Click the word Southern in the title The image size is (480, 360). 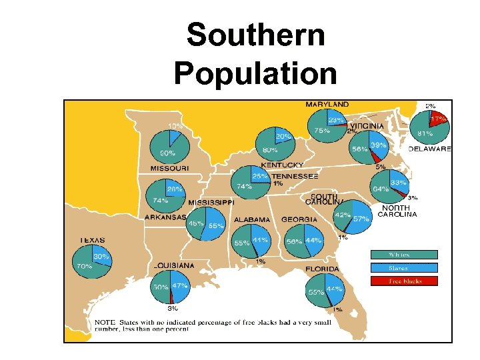[255, 35]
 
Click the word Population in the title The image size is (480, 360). [255, 73]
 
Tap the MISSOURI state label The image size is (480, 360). [169, 169]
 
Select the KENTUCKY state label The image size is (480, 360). [282, 165]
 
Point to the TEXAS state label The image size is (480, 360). [93, 240]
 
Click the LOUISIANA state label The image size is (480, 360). [174, 265]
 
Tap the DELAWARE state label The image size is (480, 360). [430, 149]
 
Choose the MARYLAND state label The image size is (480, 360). [327, 105]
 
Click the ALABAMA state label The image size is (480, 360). [252, 219]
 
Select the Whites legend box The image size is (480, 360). [404, 255]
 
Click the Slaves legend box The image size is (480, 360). [404, 268]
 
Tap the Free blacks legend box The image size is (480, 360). [404, 281]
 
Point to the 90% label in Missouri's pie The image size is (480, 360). [167, 153]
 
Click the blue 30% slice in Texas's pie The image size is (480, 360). [101, 256]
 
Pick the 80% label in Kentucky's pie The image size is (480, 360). [270, 150]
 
